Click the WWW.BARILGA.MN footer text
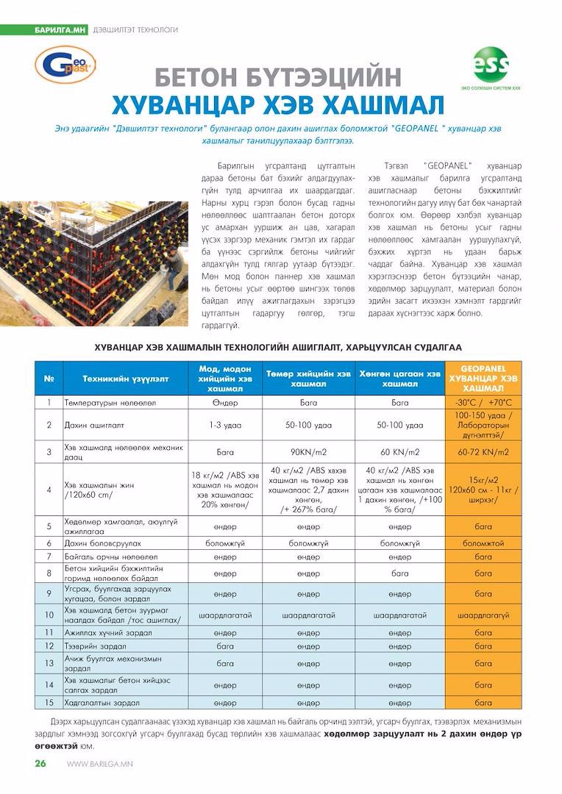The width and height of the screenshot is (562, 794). pyautogui.click(x=99, y=764)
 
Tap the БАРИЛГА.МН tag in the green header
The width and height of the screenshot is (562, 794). pyautogui.click(x=60, y=29)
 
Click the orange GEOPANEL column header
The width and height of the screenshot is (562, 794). pyautogui.click(x=483, y=378)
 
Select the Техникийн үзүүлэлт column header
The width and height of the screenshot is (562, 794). pyautogui.click(x=125, y=379)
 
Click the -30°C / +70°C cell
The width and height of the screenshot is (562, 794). pyautogui.click(x=483, y=402)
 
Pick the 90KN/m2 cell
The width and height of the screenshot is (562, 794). pyautogui.click(x=308, y=452)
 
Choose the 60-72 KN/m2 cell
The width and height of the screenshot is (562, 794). pyautogui.click(x=483, y=452)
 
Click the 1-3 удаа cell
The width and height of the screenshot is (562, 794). pyautogui.click(x=225, y=425)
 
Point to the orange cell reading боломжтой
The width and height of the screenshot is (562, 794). pyautogui.click(x=483, y=543)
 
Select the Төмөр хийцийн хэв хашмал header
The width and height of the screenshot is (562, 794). pyautogui.click(x=308, y=379)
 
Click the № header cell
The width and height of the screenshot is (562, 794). pyautogui.click(x=49, y=379)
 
